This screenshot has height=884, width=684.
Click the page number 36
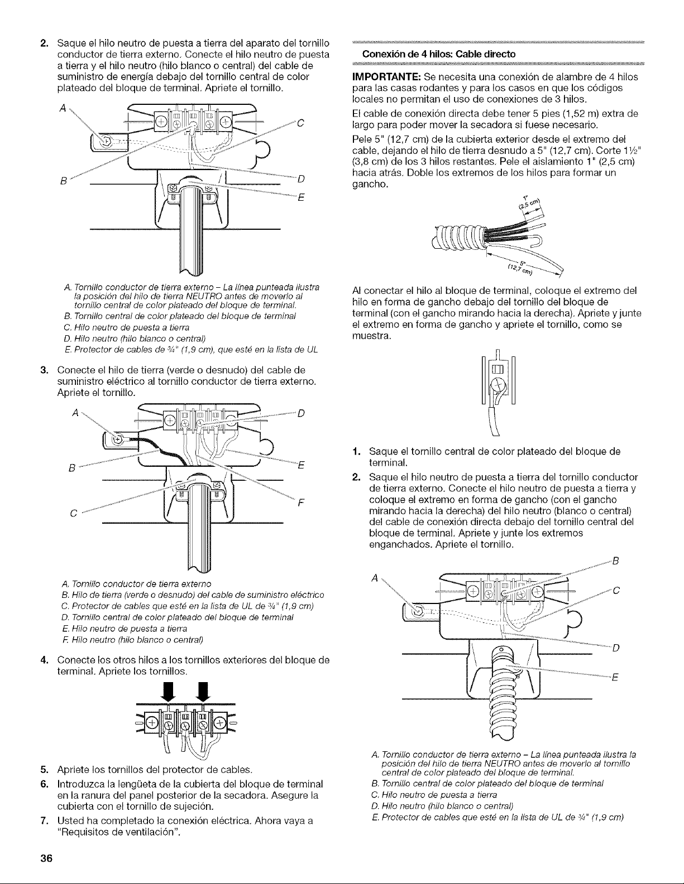pos(46,858)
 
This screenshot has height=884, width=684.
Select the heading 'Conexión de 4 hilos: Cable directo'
pos(439,54)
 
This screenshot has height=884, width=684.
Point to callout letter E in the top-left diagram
pos(302,199)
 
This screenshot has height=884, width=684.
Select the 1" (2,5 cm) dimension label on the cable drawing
pos(528,204)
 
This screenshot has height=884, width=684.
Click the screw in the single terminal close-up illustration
pos(498,384)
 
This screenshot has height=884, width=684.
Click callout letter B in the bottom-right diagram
pos(615,562)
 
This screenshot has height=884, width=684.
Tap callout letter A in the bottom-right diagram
pos(375,578)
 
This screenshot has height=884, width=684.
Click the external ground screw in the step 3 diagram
pos(118,439)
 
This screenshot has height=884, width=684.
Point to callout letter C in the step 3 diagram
pos(73,514)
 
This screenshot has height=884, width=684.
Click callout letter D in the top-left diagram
pos(302,179)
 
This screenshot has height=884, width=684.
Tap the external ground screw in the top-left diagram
pos(107,141)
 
